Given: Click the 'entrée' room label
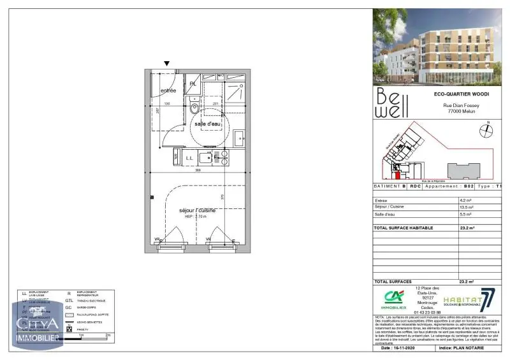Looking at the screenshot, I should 168,91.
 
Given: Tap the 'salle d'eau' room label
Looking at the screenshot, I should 208,123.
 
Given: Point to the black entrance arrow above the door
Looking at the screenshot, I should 167,64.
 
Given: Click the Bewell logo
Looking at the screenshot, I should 390,103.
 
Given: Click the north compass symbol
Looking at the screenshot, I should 486,130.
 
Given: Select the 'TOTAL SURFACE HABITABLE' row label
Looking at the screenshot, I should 404,227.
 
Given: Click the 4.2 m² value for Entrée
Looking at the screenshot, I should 466,200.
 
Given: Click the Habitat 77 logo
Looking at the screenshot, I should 468,299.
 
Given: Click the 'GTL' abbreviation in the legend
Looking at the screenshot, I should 68,300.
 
